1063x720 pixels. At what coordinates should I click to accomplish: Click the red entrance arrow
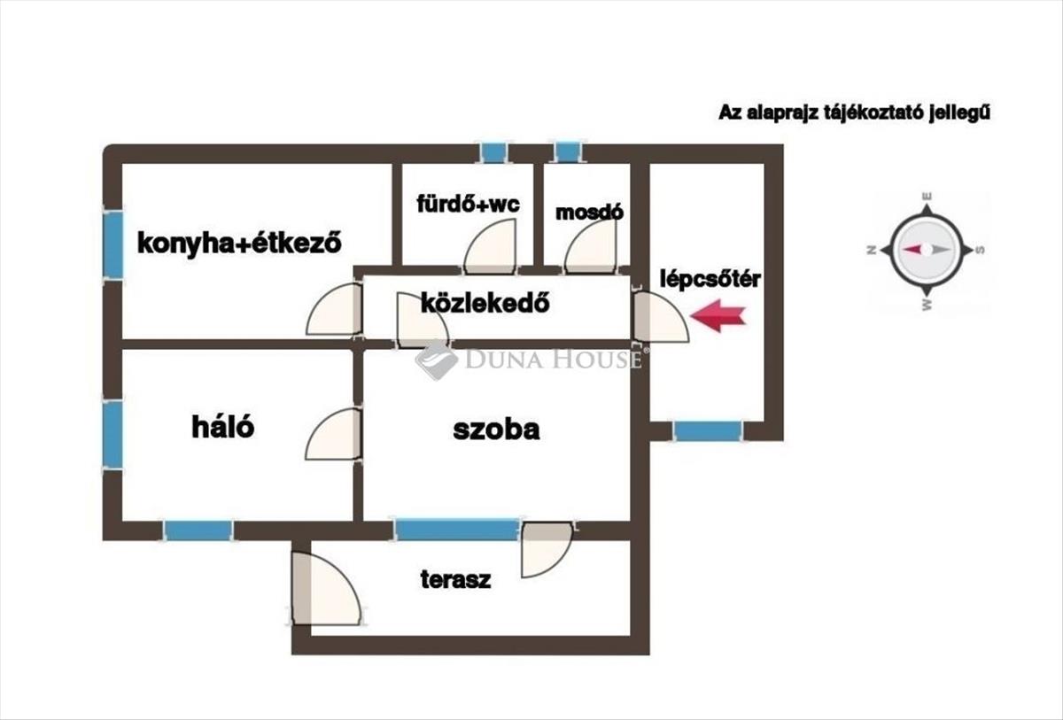tap(718, 315)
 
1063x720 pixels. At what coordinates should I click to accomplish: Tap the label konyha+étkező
tap(239, 244)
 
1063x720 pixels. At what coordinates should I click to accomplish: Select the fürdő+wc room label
tap(469, 204)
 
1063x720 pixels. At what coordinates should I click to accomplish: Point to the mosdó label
tap(589, 212)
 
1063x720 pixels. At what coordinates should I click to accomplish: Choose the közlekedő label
tap(485, 303)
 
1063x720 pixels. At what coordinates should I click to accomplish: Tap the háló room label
tap(222, 426)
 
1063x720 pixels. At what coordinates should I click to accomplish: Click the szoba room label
tap(496, 430)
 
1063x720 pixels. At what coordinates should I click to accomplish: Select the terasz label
tap(455, 579)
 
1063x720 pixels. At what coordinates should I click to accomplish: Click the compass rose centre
tap(927, 250)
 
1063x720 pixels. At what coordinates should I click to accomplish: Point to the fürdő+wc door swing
tap(490, 246)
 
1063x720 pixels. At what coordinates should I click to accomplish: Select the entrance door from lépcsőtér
tap(660, 317)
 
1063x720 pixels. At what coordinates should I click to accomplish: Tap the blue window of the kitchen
tap(113, 244)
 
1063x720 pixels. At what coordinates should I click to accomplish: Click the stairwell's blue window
tap(708, 430)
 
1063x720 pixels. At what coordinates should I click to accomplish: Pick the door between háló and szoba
tap(333, 434)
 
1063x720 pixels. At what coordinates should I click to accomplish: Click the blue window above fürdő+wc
tap(493, 152)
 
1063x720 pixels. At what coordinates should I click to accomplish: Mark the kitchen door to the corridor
tap(334, 309)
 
